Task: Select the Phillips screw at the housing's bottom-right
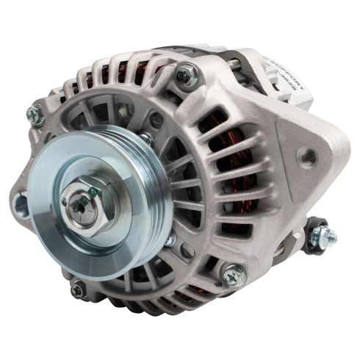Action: click(234, 275)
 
